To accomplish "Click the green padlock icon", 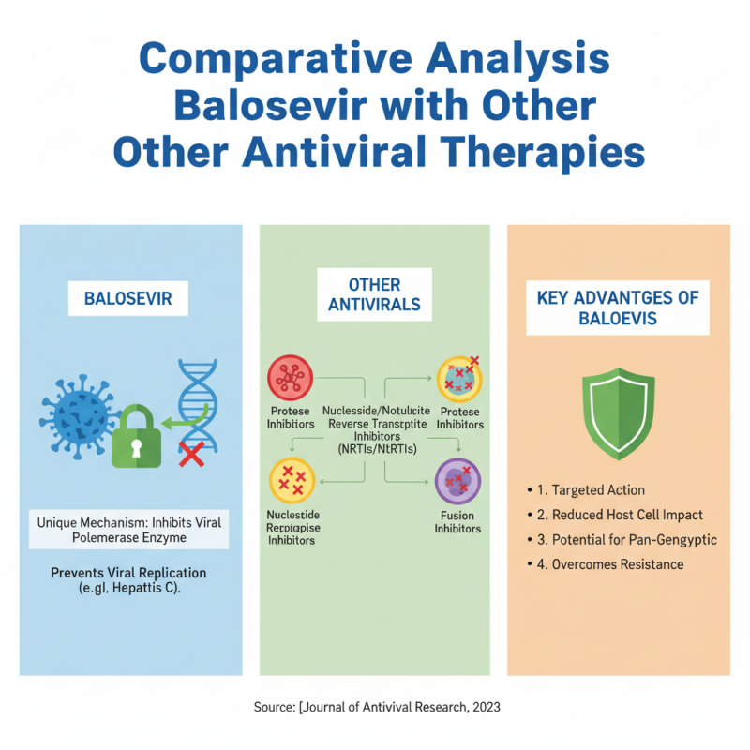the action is (x=136, y=437).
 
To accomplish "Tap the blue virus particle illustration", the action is (x=80, y=416).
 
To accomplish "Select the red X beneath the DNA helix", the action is (x=192, y=454).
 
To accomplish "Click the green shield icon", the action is (x=619, y=413).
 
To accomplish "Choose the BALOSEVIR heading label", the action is (x=128, y=298).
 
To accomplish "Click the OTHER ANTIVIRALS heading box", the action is (x=374, y=294).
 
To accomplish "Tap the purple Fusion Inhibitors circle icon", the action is (x=457, y=481).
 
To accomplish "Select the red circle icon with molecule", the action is (x=291, y=378).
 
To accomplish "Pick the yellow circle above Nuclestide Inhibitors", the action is (x=292, y=481).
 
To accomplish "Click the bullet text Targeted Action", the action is (x=598, y=489).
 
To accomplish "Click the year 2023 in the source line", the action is (x=487, y=707).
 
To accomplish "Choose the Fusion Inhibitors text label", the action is (x=457, y=522).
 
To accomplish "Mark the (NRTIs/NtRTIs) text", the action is (x=378, y=449).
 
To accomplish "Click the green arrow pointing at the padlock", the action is (x=185, y=417).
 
